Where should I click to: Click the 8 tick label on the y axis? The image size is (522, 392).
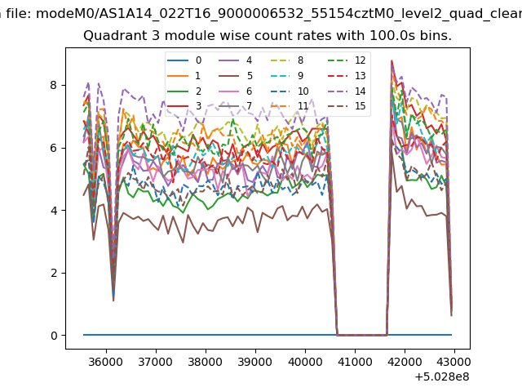55,85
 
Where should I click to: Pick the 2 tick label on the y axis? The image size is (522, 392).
55,273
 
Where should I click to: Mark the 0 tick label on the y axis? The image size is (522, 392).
55,336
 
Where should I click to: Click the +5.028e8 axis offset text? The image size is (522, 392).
442,376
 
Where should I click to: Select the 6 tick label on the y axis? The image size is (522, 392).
55,148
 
